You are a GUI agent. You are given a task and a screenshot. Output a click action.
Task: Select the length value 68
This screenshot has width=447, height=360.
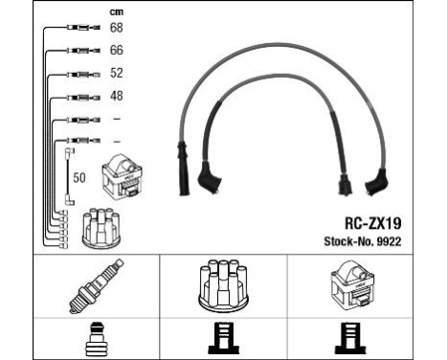[x=117, y=28]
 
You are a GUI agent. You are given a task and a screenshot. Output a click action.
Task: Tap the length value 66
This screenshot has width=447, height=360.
[x=117, y=50]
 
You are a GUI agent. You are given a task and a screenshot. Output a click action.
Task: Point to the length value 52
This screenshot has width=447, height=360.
[x=117, y=73]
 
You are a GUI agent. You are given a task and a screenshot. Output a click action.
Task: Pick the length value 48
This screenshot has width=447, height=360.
[x=117, y=96]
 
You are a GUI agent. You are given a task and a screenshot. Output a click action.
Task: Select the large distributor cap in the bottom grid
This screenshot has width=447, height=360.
[x=223, y=285]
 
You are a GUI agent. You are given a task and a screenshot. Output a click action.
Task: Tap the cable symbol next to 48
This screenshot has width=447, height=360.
[x=78, y=96]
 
